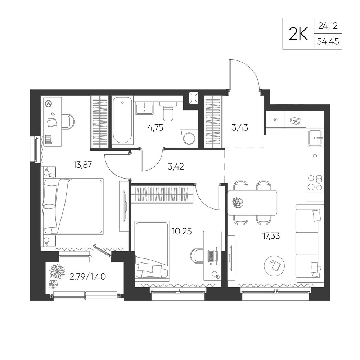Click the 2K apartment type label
pyautogui.click(x=298, y=34)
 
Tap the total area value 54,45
pyautogui.click(x=328, y=41)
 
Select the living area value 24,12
pyautogui.click(x=328, y=26)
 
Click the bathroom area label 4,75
pyautogui.click(x=155, y=127)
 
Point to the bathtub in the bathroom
pyautogui.click(x=123, y=121)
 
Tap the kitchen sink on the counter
pyautogui.click(x=316, y=138)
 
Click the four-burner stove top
pyautogui.click(x=315, y=183)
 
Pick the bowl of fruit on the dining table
pyautogui.click(x=238, y=202)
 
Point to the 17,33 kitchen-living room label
pyautogui.click(x=271, y=236)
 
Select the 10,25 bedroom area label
pyautogui.click(x=181, y=231)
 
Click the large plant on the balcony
pyautogui.click(x=56, y=271)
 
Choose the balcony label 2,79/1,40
pyautogui.click(x=87, y=276)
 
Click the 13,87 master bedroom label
pyautogui.click(x=82, y=165)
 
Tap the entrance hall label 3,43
pyautogui.click(x=240, y=127)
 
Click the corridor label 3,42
pyautogui.click(x=176, y=166)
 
